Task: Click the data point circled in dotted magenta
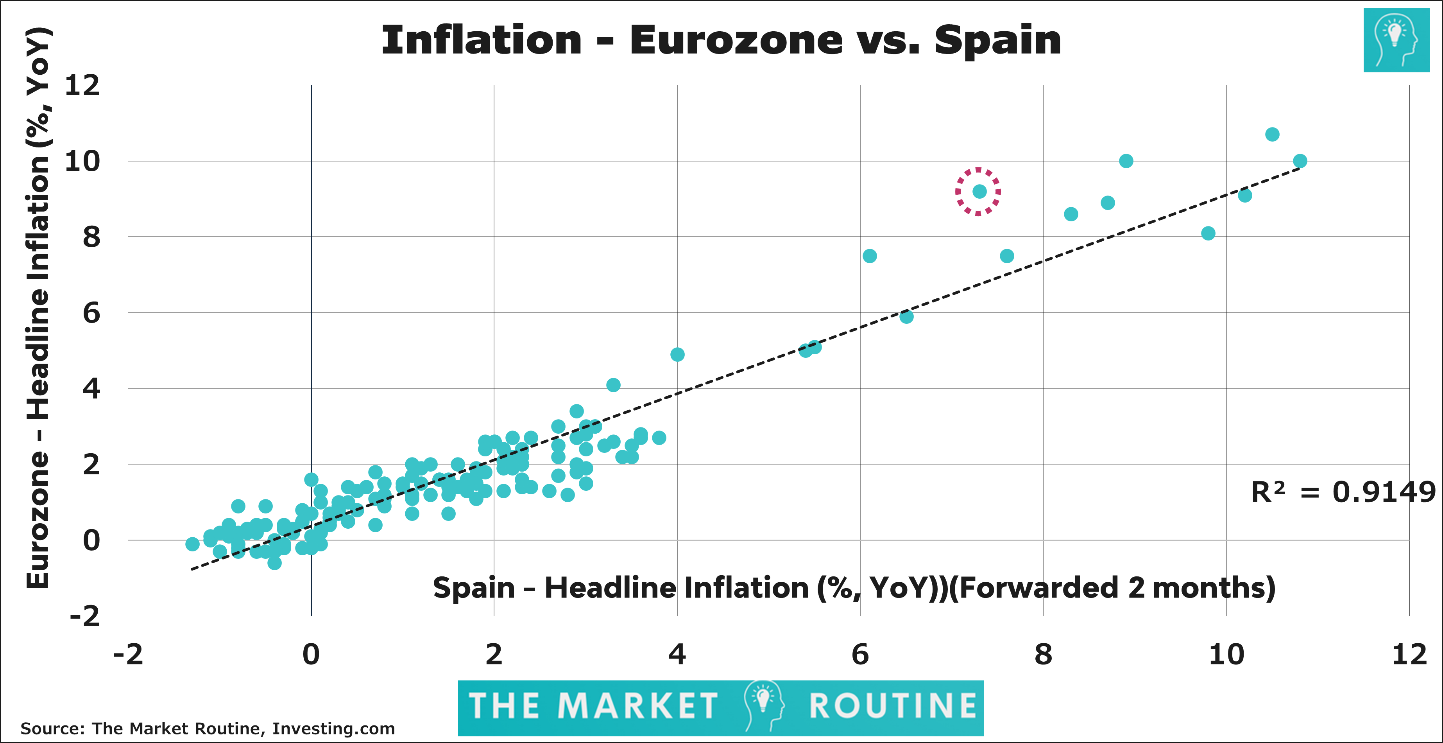(979, 192)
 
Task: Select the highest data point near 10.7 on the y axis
(1272, 135)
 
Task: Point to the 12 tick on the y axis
(82, 86)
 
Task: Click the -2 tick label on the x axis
(128, 655)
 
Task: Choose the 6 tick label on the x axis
(860, 655)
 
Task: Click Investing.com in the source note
(333, 729)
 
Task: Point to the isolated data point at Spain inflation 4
(677, 355)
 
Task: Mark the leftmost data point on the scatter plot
(192, 544)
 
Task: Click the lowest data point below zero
(274, 563)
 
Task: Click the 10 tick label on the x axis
(1226, 655)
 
